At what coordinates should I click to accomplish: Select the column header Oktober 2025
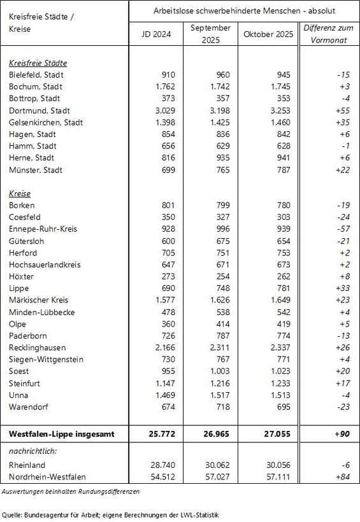pos(268,34)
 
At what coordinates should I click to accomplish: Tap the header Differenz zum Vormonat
pos(329,34)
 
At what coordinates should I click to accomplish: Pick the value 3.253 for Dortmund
pos(274,99)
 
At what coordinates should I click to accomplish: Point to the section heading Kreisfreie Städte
pos(38,63)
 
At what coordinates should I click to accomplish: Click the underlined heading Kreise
pos(20,193)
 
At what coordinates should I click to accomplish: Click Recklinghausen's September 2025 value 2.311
pos(219,347)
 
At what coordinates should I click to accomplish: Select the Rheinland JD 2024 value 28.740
pos(160,465)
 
